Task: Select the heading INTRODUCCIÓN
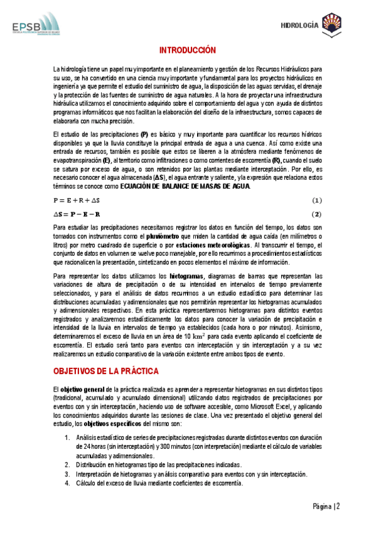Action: point(187,50)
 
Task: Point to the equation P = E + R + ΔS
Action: point(78,201)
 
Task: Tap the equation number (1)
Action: point(316,201)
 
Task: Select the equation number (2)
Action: point(316,214)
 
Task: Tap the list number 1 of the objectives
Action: point(68,437)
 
